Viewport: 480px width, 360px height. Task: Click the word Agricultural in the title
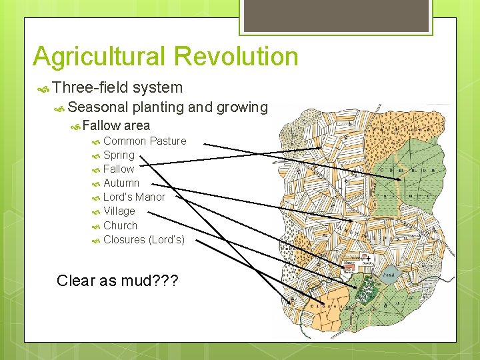click(93, 57)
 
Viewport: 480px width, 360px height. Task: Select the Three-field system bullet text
click(117, 87)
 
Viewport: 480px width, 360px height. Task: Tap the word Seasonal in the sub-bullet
click(98, 107)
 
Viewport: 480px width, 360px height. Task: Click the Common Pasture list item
click(145, 141)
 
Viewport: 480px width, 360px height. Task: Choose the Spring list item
click(119, 155)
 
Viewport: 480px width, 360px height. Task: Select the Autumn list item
click(121, 183)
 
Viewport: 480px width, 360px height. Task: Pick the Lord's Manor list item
click(134, 197)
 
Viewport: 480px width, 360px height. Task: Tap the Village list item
click(119, 211)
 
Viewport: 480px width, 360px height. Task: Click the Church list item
click(120, 225)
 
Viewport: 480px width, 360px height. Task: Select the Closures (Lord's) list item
click(144, 239)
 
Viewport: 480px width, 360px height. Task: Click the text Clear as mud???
click(117, 280)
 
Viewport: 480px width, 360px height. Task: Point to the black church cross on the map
click(366, 257)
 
